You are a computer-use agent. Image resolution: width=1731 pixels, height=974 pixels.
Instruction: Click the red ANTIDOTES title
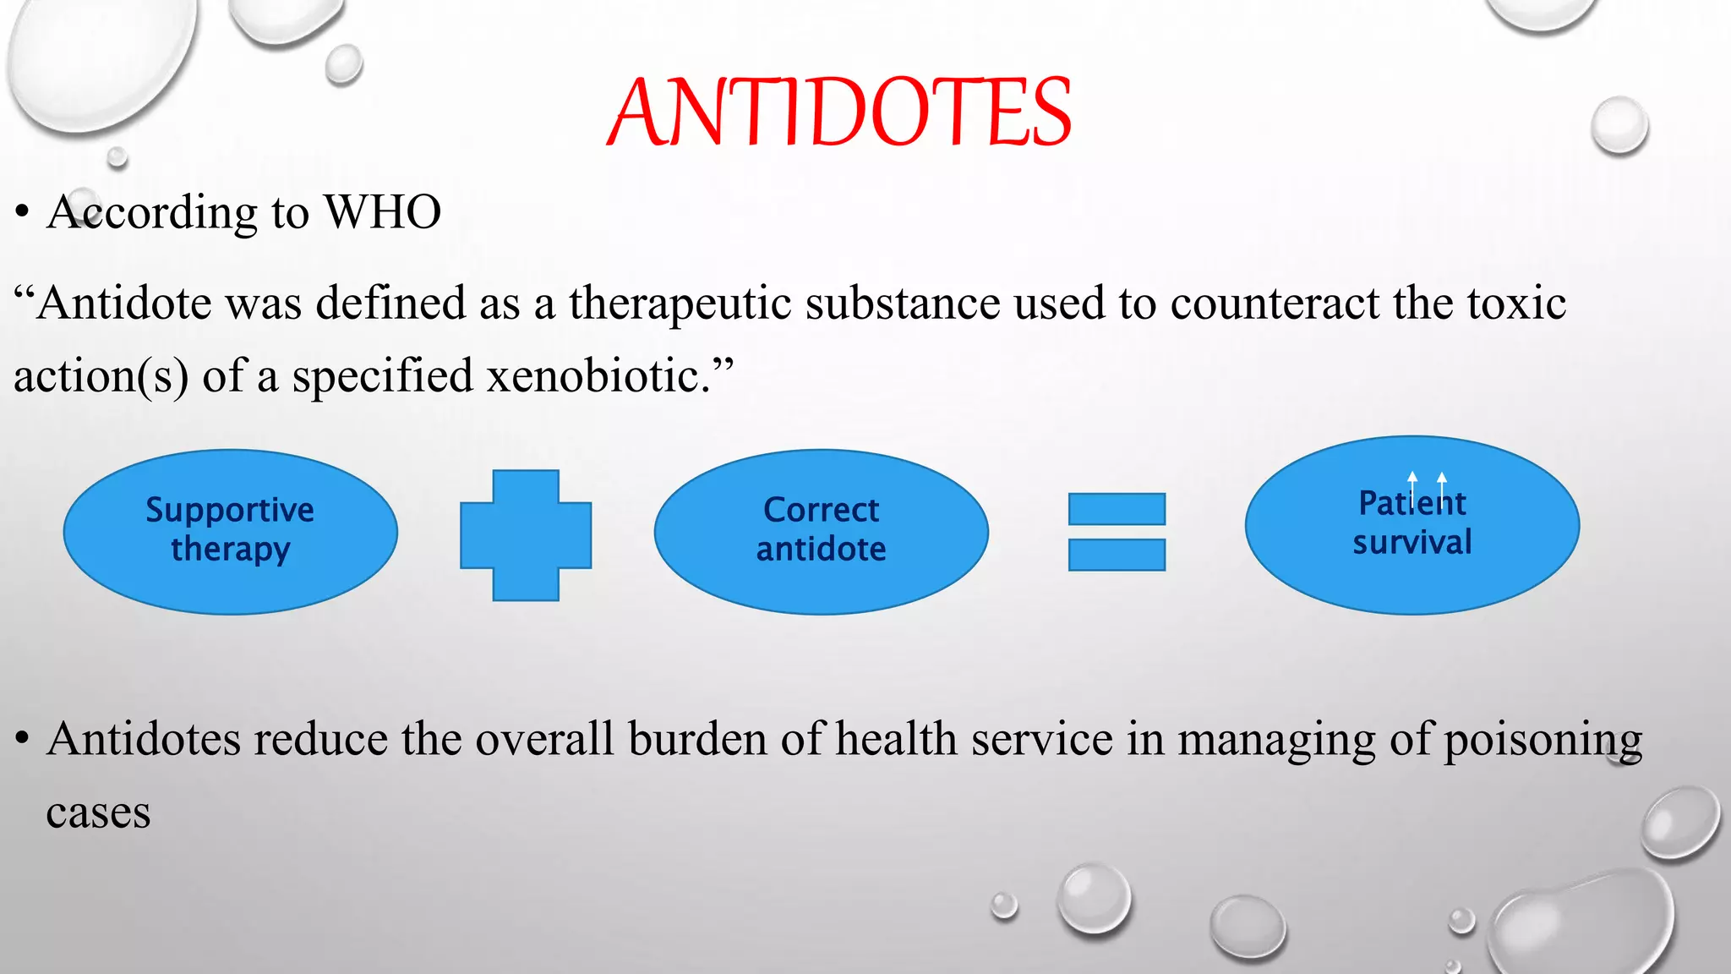839,112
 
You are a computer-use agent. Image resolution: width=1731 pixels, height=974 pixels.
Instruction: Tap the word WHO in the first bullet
383,212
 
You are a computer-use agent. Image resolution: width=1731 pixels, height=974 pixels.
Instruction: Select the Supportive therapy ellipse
230,531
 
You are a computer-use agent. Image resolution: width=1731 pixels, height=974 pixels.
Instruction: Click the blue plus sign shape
526,535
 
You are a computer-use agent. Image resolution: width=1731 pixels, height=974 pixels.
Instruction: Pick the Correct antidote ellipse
821,531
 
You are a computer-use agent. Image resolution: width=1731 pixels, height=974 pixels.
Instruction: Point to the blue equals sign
1117,532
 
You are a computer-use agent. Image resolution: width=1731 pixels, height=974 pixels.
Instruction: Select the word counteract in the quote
1275,304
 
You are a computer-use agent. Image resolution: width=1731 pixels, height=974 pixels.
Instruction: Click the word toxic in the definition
1516,304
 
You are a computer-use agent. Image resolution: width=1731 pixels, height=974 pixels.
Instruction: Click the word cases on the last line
98,813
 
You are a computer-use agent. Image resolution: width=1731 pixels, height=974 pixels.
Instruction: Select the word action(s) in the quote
101,377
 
